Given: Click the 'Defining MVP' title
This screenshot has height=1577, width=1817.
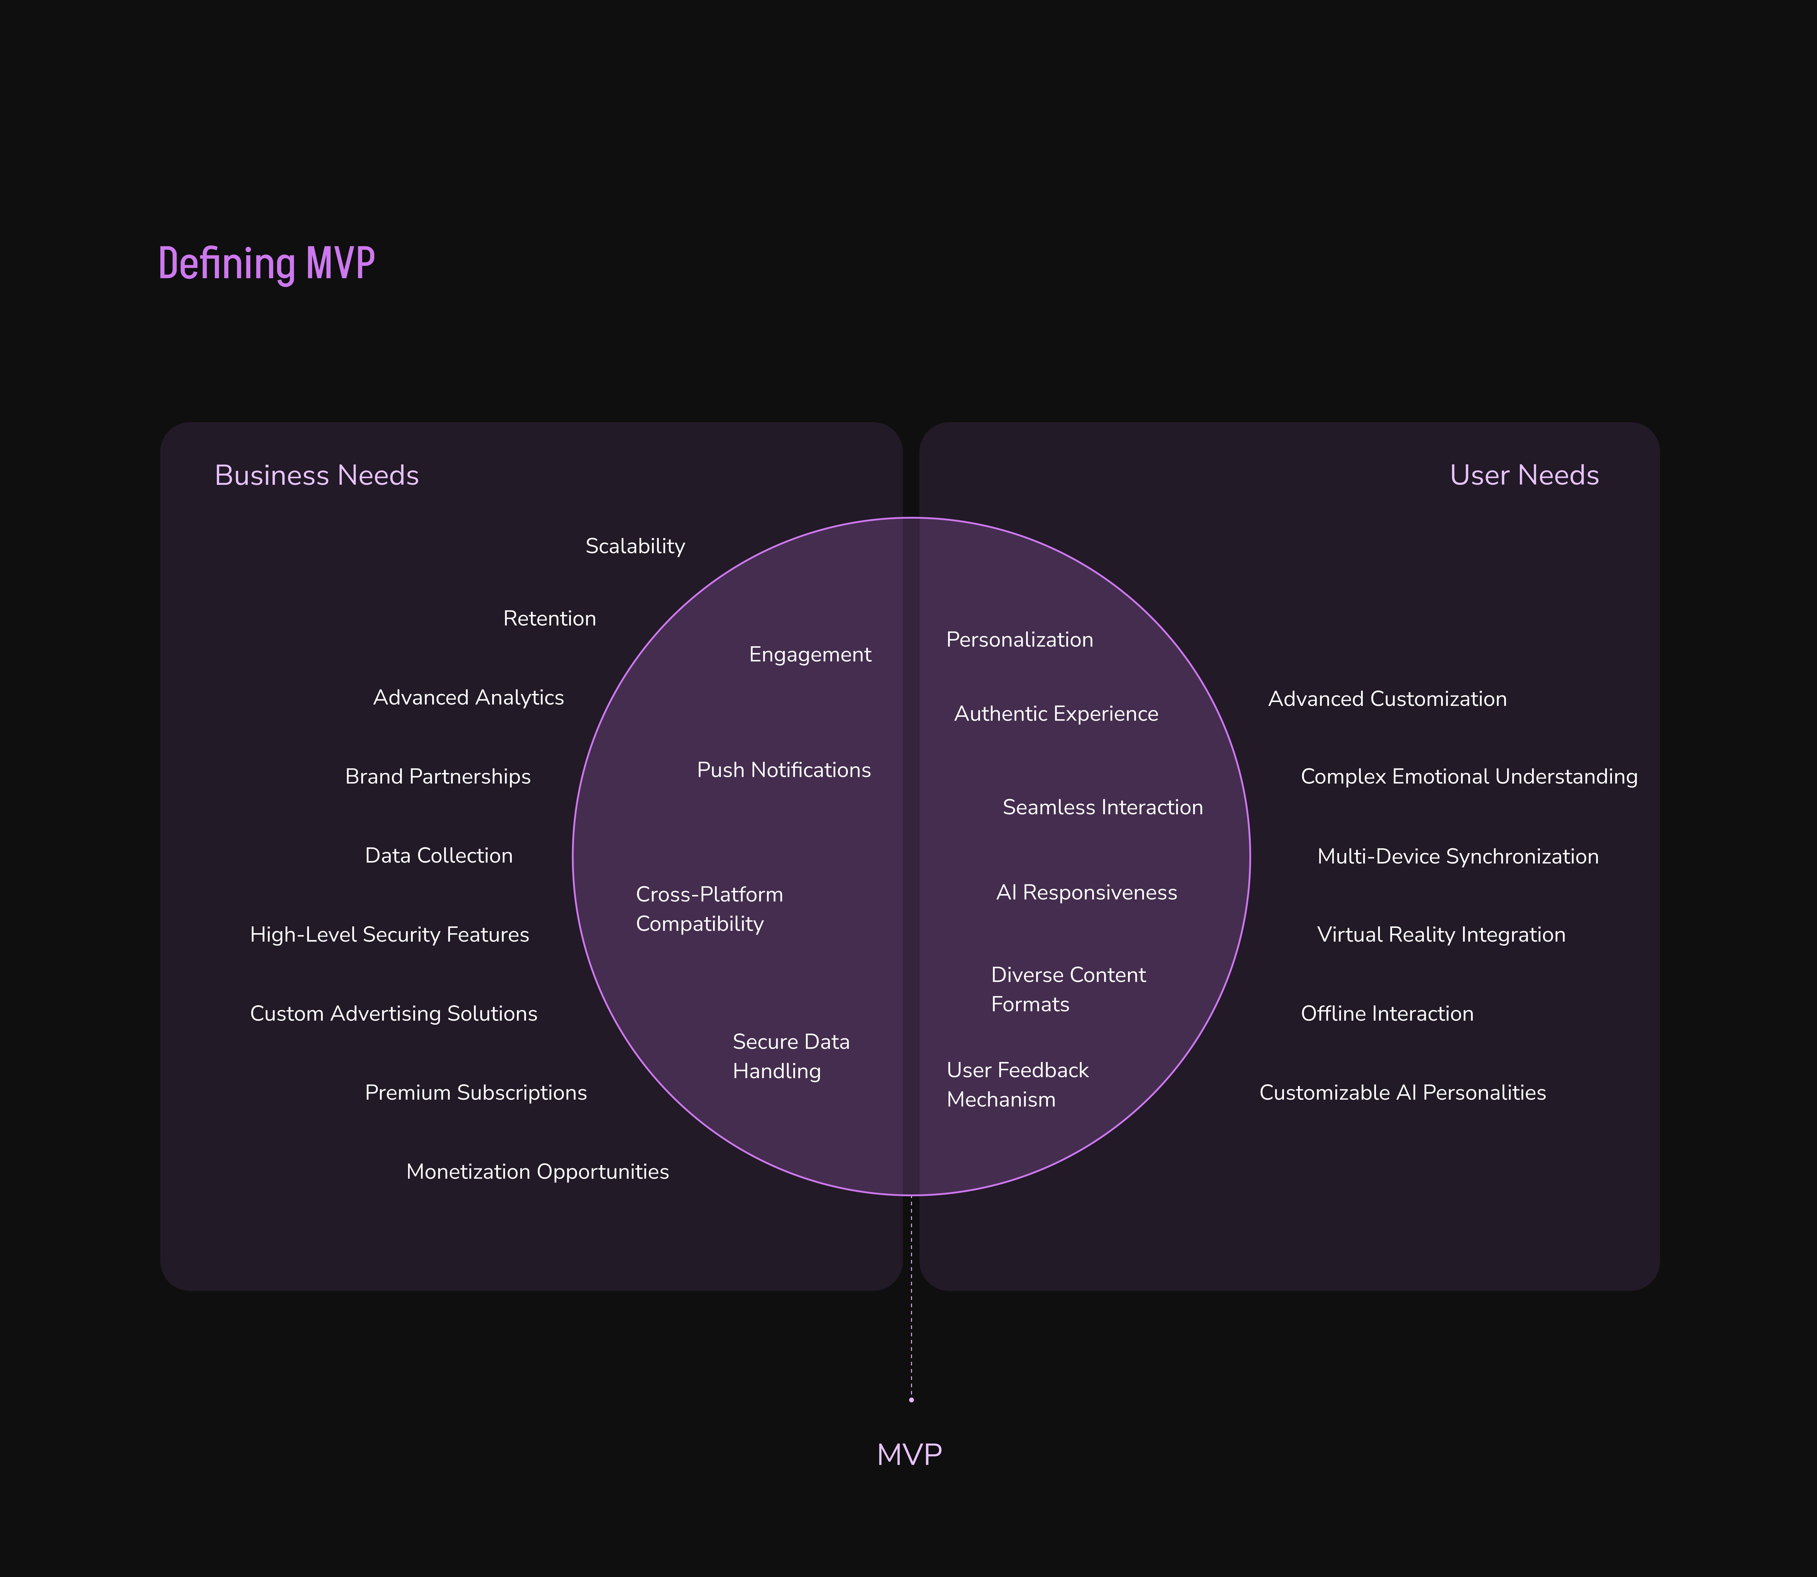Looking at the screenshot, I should point(267,263).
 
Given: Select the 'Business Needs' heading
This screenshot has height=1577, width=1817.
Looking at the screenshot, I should point(317,475).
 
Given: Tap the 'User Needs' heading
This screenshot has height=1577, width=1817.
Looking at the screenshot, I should point(1524,475).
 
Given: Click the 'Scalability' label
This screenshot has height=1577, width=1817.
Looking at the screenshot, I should point(635,546).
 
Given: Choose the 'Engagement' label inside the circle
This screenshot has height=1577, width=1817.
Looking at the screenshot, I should point(810,655).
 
